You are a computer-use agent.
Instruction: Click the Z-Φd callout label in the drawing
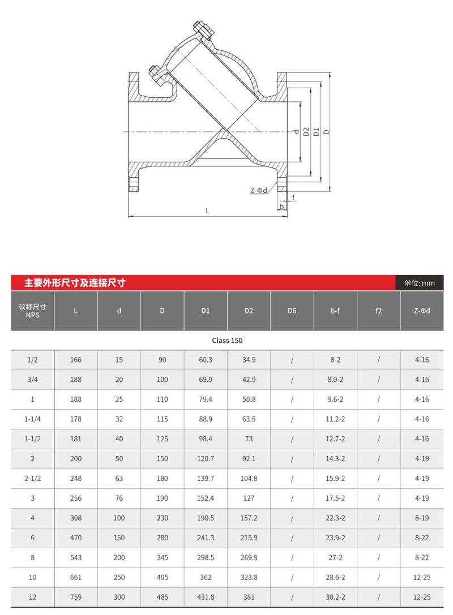(x=259, y=191)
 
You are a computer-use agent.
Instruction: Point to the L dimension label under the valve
(x=208, y=211)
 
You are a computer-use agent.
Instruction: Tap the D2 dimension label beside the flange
(x=306, y=132)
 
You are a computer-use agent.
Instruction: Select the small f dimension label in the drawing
(x=294, y=197)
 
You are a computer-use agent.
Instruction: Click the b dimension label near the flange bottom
(x=281, y=207)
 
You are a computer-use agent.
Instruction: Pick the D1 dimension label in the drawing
(x=317, y=132)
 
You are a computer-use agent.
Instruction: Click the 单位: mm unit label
(x=420, y=283)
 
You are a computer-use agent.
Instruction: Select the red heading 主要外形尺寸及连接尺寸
(x=75, y=283)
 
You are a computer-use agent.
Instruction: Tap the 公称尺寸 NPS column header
(x=33, y=311)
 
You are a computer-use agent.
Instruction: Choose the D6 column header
(x=292, y=311)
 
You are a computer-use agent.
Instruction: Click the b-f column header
(x=335, y=311)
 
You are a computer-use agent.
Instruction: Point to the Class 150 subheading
(x=227, y=341)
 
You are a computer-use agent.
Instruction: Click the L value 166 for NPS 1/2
(x=76, y=360)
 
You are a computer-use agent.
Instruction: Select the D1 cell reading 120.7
(x=206, y=458)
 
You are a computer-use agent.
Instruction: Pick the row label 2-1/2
(x=33, y=479)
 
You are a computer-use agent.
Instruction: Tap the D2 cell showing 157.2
(x=249, y=518)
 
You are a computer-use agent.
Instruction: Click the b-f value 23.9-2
(x=335, y=537)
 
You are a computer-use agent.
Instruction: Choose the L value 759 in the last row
(x=76, y=597)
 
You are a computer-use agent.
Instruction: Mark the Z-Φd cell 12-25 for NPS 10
(x=422, y=577)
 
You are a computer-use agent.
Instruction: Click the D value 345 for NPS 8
(x=162, y=557)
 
